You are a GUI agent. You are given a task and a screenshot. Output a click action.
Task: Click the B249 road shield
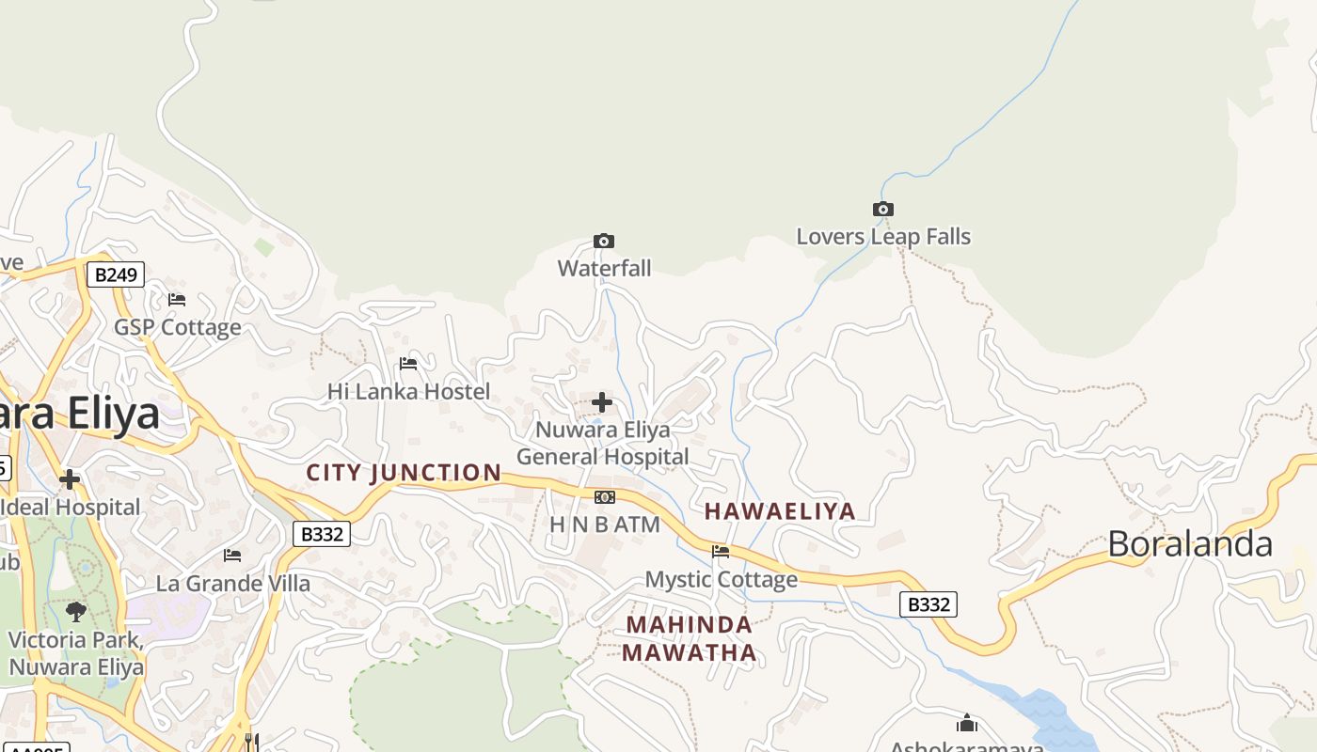[116, 275]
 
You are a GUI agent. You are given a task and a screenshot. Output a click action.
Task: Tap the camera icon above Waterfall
[604, 242]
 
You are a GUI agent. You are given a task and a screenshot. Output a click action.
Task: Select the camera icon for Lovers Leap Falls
[882, 210]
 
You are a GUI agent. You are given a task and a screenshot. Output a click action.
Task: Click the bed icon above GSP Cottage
[177, 300]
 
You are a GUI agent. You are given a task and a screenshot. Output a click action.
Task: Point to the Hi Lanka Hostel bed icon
[408, 364]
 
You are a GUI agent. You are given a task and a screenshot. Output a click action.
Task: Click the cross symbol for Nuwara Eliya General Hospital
[602, 403]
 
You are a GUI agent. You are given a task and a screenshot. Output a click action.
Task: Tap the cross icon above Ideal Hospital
[69, 480]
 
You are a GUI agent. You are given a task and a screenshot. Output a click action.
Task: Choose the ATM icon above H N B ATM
[605, 497]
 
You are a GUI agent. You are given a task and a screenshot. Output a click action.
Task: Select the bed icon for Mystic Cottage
[721, 552]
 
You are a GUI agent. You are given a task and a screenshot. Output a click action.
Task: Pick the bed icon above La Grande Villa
[232, 556]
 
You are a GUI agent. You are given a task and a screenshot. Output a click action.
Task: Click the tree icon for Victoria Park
[76, 612]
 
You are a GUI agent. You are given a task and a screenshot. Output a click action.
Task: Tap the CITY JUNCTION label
[405, 473]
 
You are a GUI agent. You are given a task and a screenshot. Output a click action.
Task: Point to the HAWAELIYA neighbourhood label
[780, 511]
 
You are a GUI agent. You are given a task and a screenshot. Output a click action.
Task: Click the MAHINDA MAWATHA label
[690, 638]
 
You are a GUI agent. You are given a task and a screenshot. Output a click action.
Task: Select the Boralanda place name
[1190, 544]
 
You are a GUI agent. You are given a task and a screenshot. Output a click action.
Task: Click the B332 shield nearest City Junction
[322, 535]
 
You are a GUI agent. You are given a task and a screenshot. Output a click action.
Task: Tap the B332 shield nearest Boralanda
[928, 604]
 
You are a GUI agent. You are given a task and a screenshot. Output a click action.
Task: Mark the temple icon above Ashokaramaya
[967, 724]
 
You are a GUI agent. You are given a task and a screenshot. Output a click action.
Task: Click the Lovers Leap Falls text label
[883, 237]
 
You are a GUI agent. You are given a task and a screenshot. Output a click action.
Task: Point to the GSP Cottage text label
[178, 328]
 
